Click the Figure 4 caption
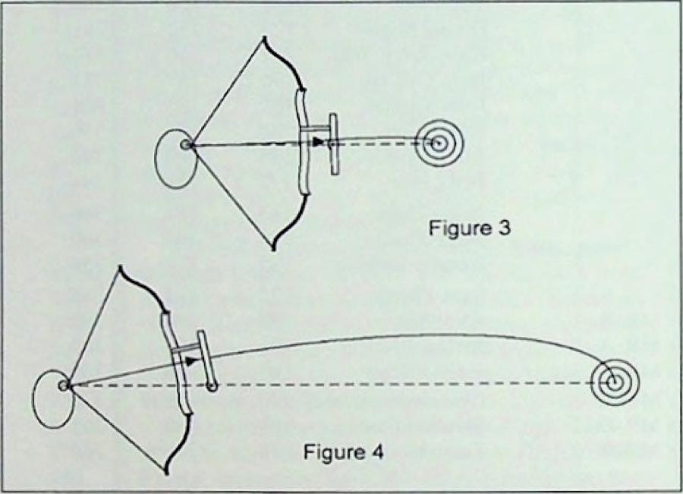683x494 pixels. pyautogui.click(x=343, y=453)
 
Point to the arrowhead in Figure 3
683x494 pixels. pyautogui.click(x=319, y=141)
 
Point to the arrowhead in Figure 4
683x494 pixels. pyautogui.click(x=195, y=362)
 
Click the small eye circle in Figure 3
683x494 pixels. pyautogui.click(x=186, y=144)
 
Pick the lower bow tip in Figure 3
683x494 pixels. pyautogui.click(x=272, y=247)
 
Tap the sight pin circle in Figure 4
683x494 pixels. pyautogui.click(x=213, y=387)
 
